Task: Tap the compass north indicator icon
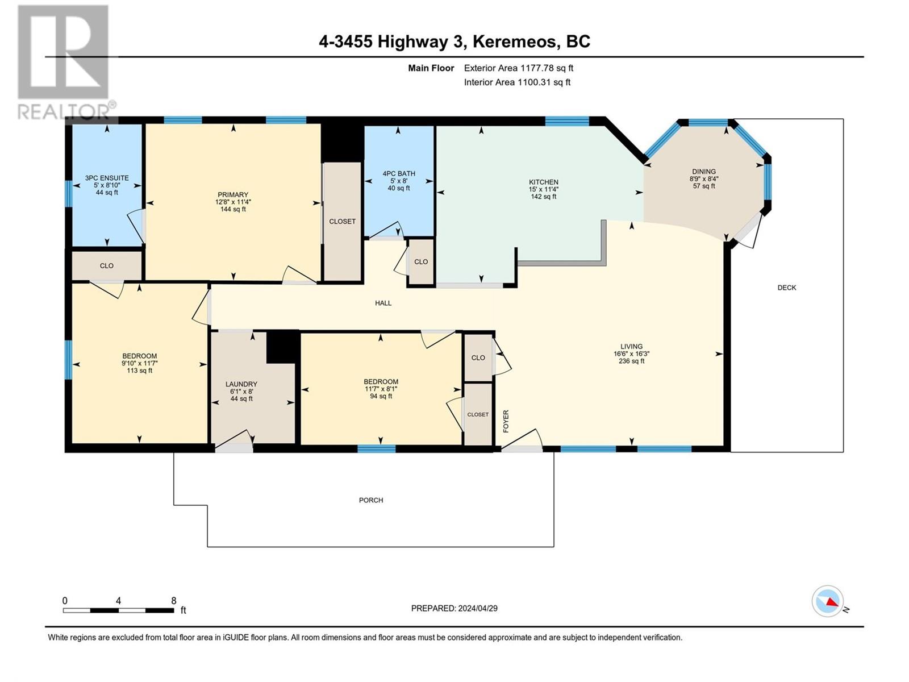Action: pos(828,601)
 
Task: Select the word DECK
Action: pos(786,288)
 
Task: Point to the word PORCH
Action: pos(371,500)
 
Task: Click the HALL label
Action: pos(383,303)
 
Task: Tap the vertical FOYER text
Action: pos(506,421)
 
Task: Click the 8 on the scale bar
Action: pos(174,601)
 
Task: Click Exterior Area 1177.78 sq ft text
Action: pos(518,68)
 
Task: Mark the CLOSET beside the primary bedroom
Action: pos(342,222)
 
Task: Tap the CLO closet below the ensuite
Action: pos(106,265)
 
